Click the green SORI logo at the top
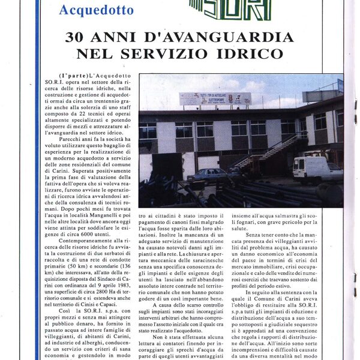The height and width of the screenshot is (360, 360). [232, 9]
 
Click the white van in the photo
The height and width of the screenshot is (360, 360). [317, 169]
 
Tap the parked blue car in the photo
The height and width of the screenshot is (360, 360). [206, 175]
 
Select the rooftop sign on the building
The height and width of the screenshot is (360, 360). [215, 98]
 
